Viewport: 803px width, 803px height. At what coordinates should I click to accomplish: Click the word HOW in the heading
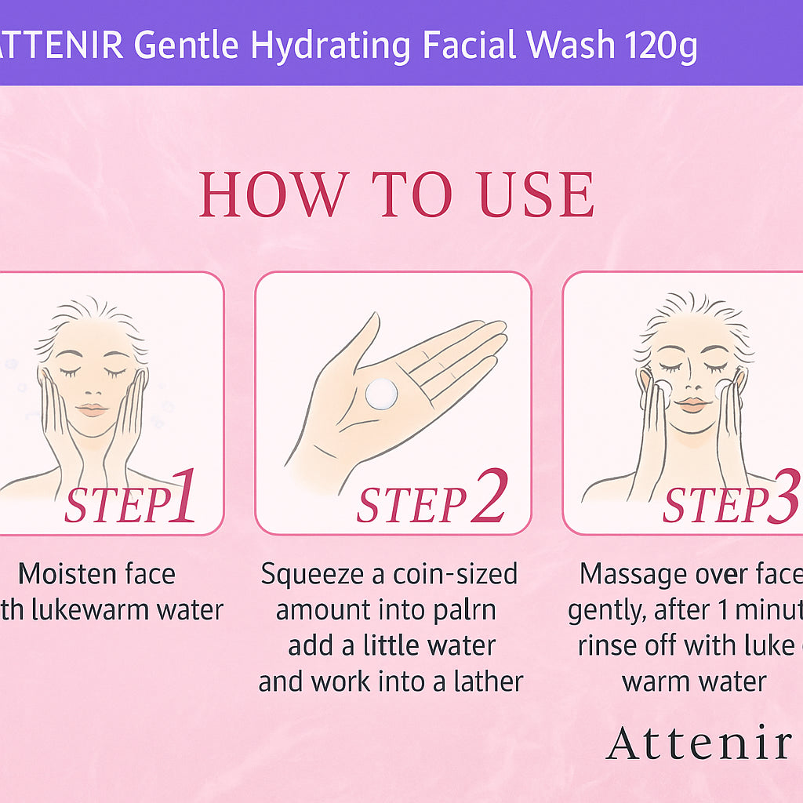point(274,194)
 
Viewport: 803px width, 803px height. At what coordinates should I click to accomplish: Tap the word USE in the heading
point(536,194)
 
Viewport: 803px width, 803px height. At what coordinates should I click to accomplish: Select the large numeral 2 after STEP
point(489,496)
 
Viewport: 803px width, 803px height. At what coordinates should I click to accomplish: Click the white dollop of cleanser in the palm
point(381,393)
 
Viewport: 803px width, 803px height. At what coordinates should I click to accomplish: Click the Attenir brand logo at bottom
point(699,743)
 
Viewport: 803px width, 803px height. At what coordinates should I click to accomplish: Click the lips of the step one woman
point(92,409)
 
